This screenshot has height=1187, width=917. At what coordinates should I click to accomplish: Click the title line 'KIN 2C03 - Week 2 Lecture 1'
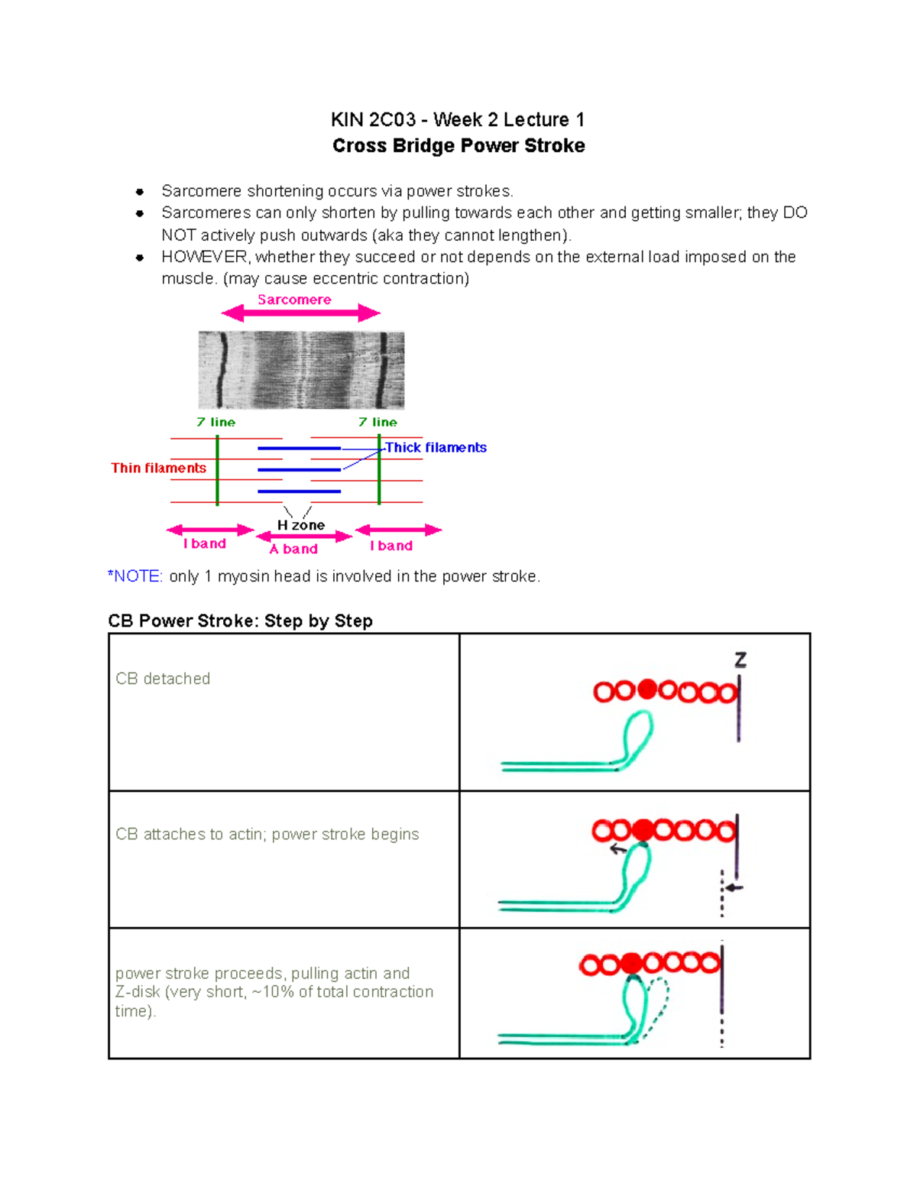(x=458, y=120)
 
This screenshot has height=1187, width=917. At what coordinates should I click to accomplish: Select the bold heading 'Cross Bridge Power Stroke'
(x=458, y=146)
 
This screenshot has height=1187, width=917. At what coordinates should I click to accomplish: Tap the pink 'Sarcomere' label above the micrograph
(x=294, y=300)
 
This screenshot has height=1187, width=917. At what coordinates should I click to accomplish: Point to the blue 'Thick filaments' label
(x=436, y=447)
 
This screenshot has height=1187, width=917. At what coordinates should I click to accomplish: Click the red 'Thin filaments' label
(x=158, y=468)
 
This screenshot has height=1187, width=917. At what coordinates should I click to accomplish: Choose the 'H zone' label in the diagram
(x=300, y=525)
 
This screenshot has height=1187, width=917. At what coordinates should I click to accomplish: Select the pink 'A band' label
(x=293, y=549)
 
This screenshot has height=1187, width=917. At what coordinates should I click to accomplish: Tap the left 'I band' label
(x=204, y=543)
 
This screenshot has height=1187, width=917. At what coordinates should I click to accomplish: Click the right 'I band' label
(x=391, y=546)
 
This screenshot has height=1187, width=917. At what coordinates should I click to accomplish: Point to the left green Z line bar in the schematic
(x=218, y=470)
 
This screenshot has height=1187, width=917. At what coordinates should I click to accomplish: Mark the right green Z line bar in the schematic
(x=379, y=470)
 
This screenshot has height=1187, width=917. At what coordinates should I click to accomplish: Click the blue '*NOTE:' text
(x=135, y=576)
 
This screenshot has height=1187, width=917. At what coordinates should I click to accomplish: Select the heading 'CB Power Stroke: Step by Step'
(x=240, y=621)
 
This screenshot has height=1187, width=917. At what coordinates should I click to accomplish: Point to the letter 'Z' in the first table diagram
(x=740, y=660)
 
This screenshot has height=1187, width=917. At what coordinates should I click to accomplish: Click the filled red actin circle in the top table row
(x=646, y=690)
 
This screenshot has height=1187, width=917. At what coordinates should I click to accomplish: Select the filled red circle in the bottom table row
(x=631, y=963)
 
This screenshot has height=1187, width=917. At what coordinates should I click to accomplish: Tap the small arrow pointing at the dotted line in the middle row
(x=734, y=887)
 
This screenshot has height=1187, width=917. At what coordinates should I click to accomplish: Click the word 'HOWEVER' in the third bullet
(x=204, y=257)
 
